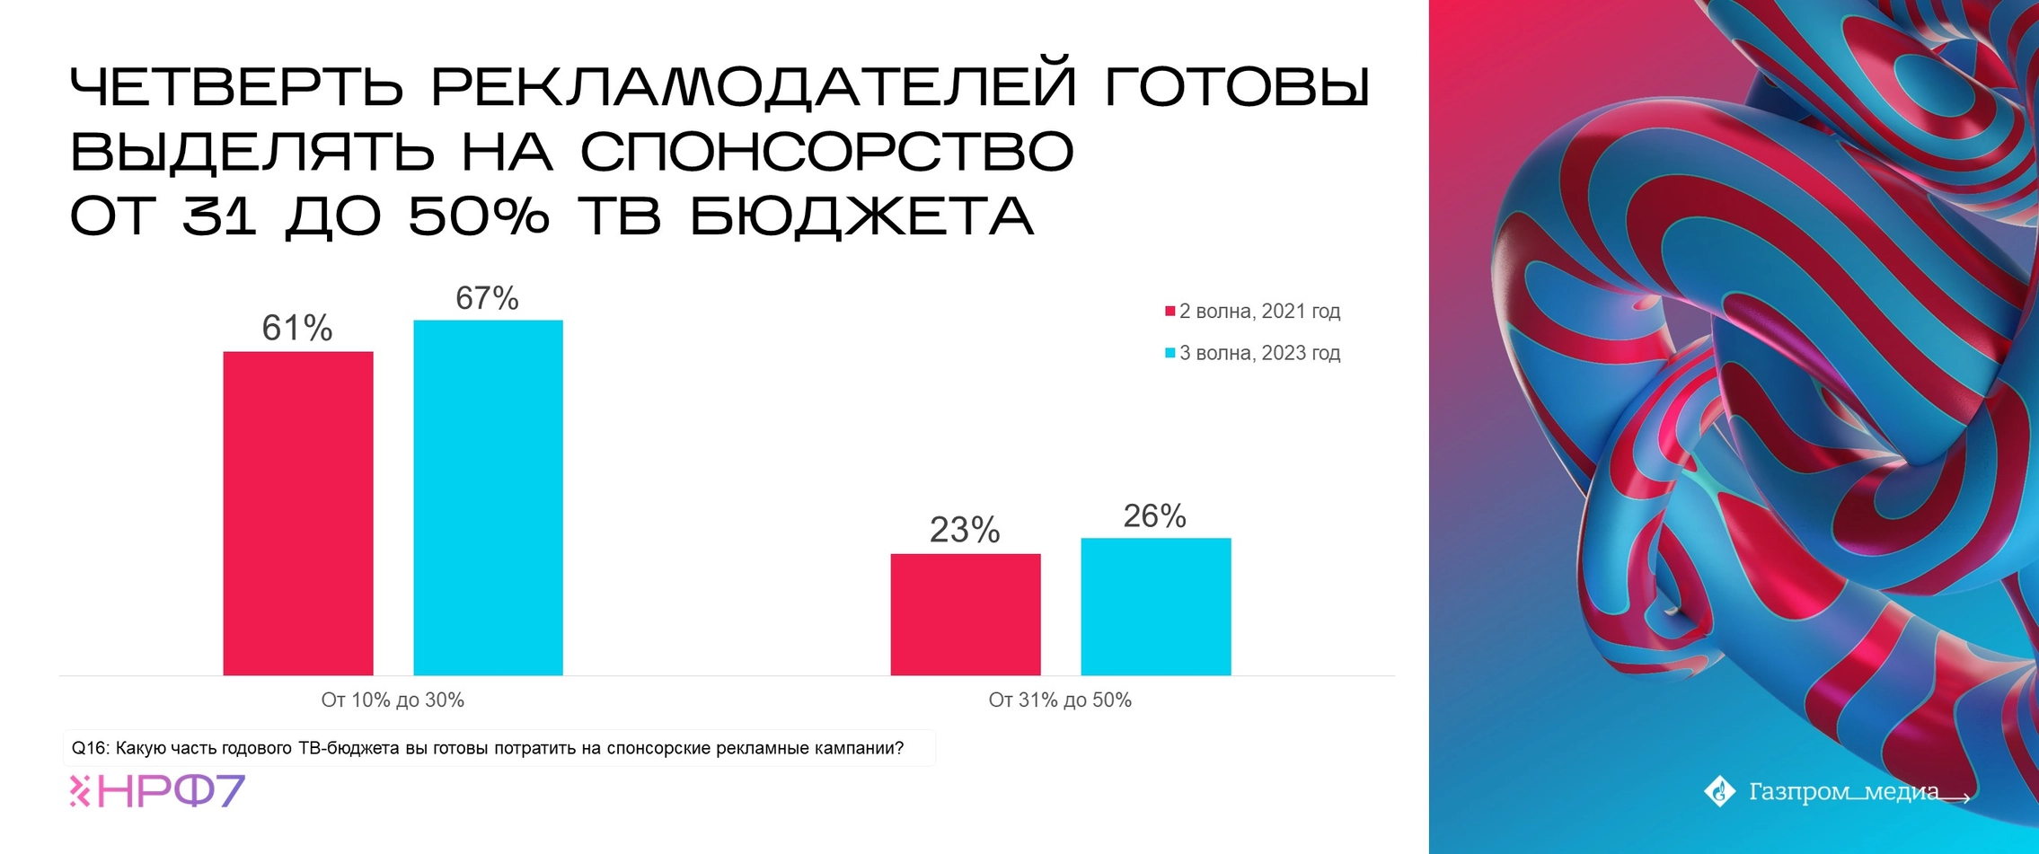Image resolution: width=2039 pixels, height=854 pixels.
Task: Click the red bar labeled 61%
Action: tap(298, 513)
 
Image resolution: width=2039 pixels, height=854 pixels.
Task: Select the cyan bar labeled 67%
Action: tap(488, 497)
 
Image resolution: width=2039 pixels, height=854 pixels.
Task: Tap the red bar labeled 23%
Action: tap(966, 614)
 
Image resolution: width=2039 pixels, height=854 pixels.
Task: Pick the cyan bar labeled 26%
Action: tap(1156, 606)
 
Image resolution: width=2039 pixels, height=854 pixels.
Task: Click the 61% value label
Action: tap(297, 329)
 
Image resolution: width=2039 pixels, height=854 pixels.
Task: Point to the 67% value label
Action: tap(488, 298)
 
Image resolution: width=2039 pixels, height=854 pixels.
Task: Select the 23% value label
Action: tap(965, 531)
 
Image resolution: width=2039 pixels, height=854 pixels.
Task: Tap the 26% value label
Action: tap(1155, 516)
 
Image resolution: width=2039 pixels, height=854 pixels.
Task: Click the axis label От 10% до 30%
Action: tap(393, 700)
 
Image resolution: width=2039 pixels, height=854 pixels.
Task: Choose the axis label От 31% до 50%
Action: tap(1060, 700)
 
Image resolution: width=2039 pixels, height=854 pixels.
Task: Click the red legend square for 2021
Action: tap(1170, 312)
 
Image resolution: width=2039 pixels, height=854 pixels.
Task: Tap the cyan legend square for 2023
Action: tap(1170, 353)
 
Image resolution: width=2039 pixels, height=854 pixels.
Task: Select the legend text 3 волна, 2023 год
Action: tap(1260, 353)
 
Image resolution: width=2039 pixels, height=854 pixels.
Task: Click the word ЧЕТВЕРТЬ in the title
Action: tap(237, 86)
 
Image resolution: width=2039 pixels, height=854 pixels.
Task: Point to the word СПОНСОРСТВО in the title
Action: tap(827, 151)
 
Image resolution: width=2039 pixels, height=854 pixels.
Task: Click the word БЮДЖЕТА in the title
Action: tap(862, 216)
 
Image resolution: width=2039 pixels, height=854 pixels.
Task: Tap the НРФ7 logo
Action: tap(157, 791)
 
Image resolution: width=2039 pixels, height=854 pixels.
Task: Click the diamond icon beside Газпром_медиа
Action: tap(1720, 791)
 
